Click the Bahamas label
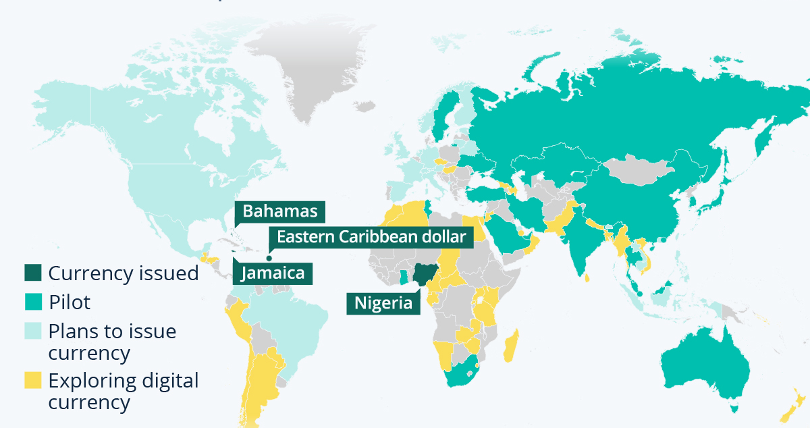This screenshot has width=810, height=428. [280, 211]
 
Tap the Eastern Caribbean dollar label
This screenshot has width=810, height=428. [371, 237]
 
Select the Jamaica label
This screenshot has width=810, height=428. [273, 273]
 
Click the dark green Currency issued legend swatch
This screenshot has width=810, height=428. [32, 273]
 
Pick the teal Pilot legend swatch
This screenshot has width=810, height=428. [32, 302]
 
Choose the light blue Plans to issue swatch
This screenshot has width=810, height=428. [32, 331]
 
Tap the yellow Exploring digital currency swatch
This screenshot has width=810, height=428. [32, 380]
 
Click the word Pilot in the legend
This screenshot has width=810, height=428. [69, 302]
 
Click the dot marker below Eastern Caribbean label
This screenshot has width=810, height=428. [269, 257]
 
